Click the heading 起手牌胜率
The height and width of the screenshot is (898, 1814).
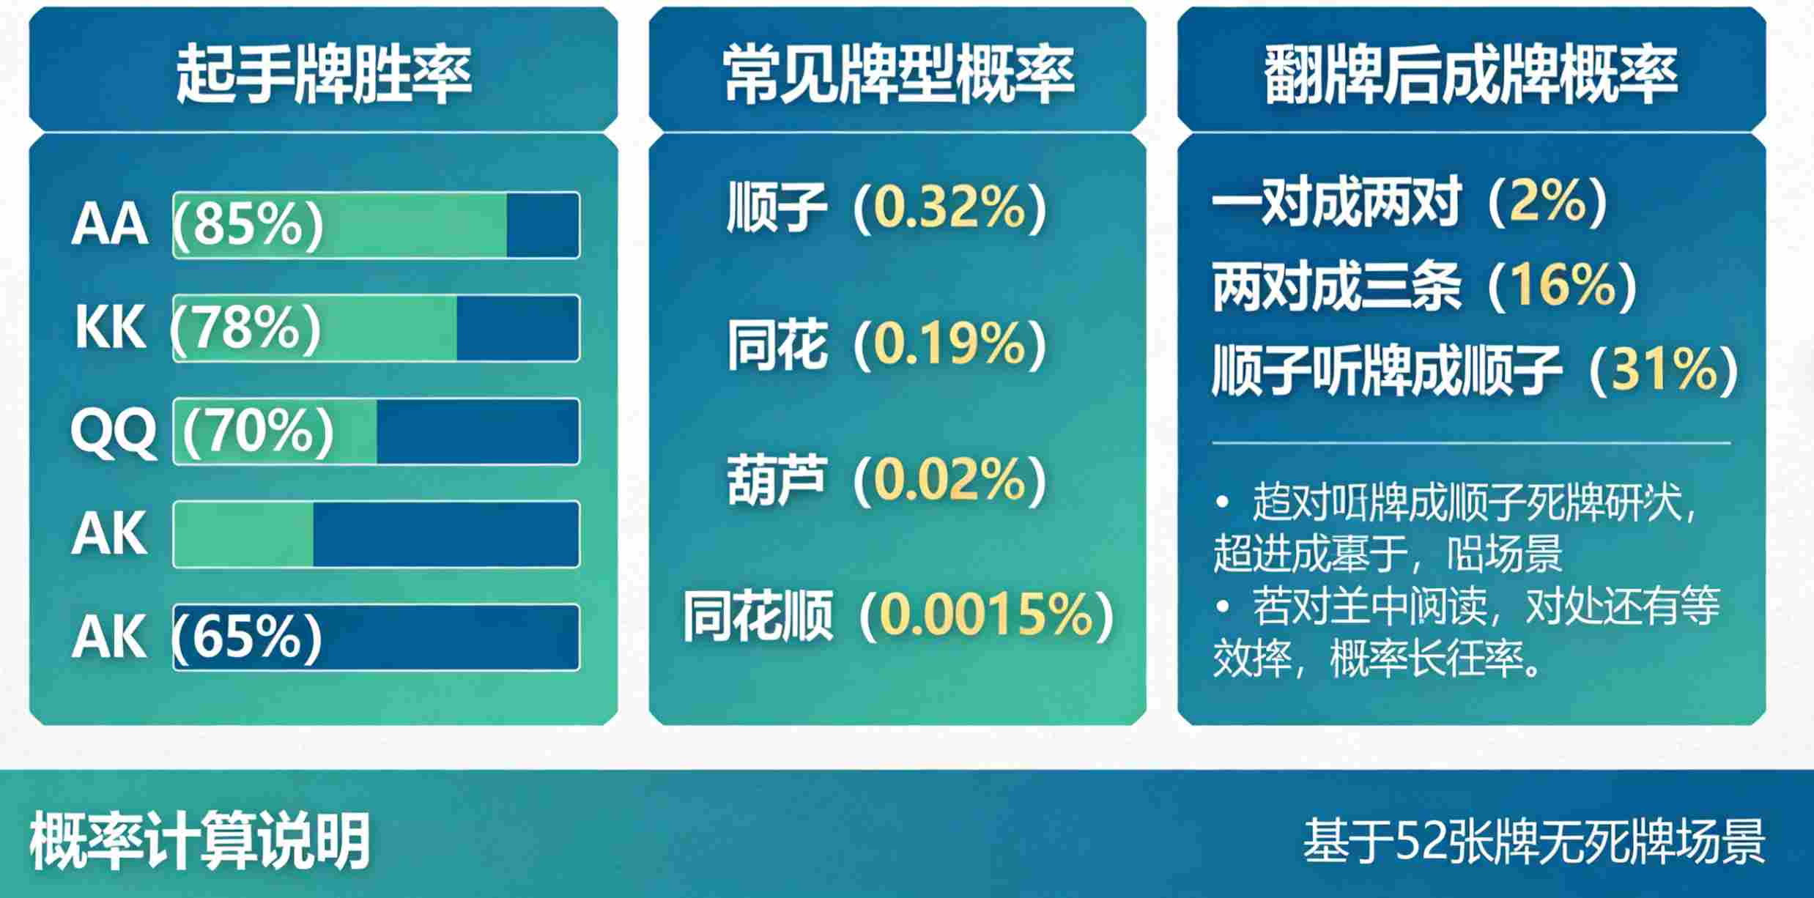323,73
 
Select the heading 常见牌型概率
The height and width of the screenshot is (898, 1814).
898,73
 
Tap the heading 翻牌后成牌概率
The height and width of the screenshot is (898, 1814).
1471,73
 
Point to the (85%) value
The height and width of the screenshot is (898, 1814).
248,223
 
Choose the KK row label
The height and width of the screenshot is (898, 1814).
110,327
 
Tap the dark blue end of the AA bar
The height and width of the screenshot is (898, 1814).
542,226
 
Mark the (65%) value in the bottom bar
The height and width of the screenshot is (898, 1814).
248,636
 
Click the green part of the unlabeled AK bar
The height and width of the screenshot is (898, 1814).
243,534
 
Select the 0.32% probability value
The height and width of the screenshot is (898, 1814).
950,208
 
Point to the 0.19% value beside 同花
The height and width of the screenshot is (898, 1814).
950,344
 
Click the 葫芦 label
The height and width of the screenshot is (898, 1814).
777,480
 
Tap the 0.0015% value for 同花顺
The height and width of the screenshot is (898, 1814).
986,615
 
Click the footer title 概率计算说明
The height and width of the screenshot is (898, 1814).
199,842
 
